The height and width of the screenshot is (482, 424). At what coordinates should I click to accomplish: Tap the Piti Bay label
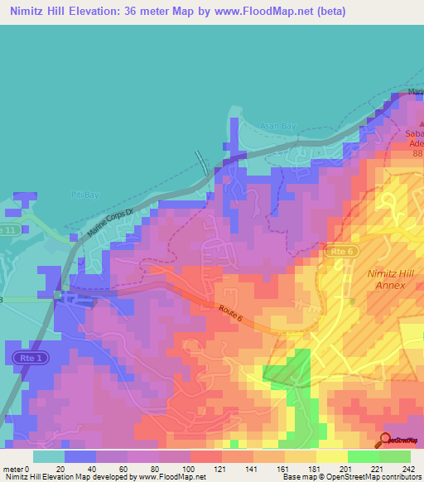tap(79, 195)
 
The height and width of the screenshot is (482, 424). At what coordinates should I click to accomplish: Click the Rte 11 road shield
tap(8, 229)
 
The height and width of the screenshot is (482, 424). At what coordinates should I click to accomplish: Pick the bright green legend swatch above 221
tap(363, 456)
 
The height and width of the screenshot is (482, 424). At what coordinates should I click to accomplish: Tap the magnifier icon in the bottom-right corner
tap(386, 439)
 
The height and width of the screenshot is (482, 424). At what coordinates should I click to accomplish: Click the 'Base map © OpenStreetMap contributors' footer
tap(351, 478)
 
